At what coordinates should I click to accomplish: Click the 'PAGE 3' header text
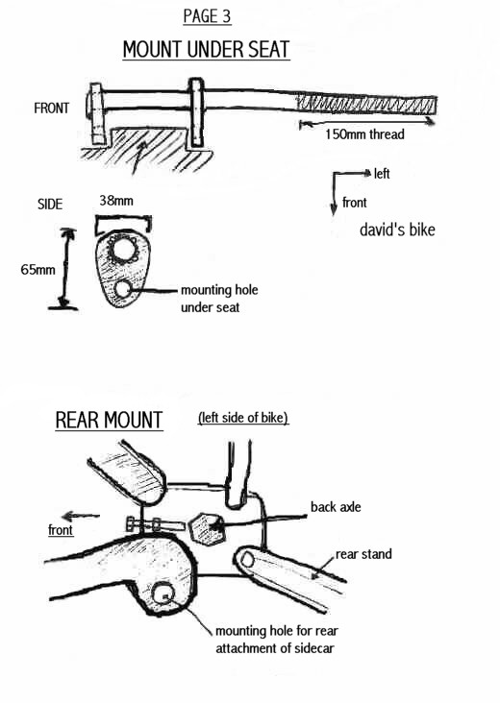(207, 16)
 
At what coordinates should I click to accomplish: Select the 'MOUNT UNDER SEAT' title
(207, 49)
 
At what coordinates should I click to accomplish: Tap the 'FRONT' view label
(52, 109)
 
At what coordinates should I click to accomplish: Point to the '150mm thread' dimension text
(364, 134)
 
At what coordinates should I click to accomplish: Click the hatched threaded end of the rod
(365, 106)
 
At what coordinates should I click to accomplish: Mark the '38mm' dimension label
(116, 201)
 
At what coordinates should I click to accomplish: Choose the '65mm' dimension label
(38, 270)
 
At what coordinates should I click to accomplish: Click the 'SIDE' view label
(50, 205)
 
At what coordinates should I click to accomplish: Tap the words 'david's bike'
(397, 230)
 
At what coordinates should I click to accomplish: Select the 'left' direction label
(382, 174)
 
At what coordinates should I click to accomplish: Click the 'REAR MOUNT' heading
(109, 420)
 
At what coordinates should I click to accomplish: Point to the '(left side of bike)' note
(243, 418)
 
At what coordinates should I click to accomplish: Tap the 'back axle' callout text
(336, 507)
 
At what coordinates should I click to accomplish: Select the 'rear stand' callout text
(363, 554)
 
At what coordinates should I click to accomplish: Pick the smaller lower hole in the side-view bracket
(123, 289)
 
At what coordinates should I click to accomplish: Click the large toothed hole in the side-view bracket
(122, 249)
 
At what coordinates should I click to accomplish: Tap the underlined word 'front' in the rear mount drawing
(61, 530)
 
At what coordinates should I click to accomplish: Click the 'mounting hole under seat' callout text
(219, 299)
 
